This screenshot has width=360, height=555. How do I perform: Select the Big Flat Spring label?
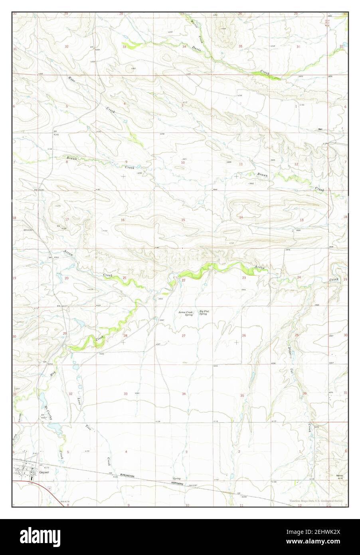pos(204,313)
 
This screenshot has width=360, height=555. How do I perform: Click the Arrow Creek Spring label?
pos(186,313)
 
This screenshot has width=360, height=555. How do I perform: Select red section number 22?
pos(184,281)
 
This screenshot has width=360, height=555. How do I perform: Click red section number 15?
pos(183,220)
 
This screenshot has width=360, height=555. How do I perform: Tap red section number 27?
pos(184,336)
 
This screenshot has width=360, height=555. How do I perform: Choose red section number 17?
pos(67,220)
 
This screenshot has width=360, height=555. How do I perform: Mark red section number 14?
pos(241,217)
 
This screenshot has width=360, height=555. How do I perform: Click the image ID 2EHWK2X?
pos(324,543)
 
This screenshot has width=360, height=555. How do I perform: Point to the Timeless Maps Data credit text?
pos(317,501)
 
